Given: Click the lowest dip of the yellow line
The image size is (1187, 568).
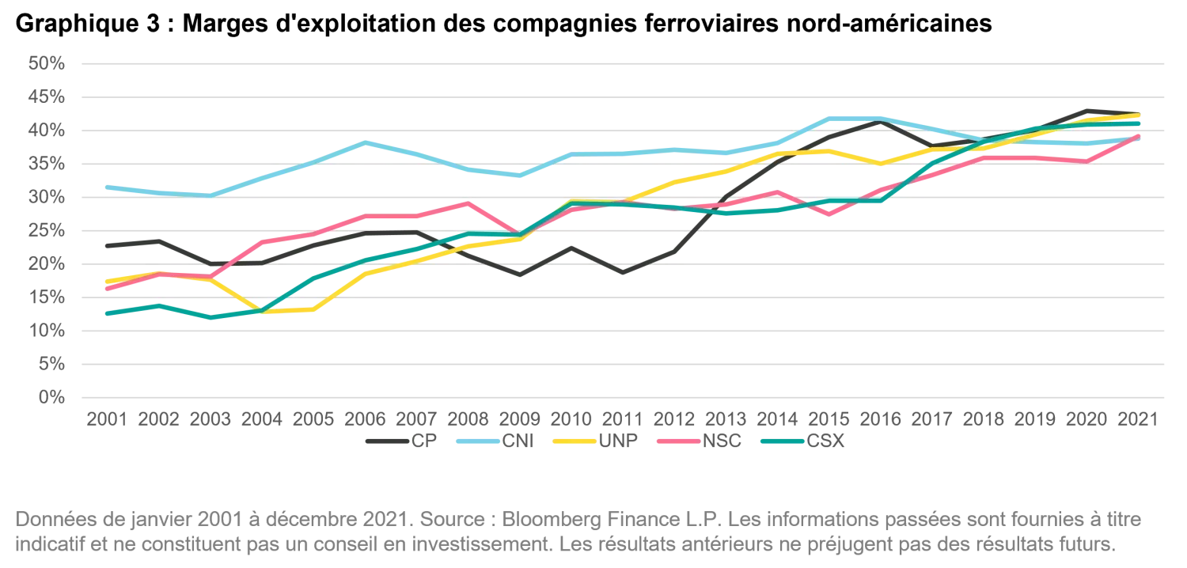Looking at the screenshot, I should point(261,312).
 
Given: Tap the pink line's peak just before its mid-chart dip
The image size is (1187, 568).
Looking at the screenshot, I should point(467,203).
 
